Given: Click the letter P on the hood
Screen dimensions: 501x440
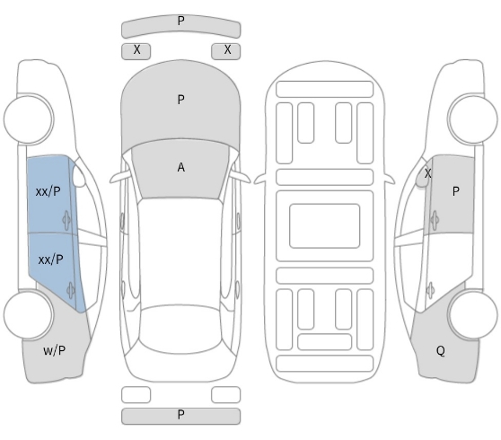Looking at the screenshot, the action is click(180, 100).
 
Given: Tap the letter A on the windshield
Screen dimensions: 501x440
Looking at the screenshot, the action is click(180, 167).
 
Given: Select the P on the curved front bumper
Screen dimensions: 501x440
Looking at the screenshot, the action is click(180, 21).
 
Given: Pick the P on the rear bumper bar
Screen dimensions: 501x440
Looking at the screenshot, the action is click(180, 415).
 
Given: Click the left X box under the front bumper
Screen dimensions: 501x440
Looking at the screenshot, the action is click(136, 51).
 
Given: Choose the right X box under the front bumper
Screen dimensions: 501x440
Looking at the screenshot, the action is click(226, 51).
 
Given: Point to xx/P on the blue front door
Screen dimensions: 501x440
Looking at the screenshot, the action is click(48, 192).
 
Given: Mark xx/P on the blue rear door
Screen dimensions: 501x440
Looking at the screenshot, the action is click(50, 260).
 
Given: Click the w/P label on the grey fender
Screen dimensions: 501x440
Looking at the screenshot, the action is click(54, 350).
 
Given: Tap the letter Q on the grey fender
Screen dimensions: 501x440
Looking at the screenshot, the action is click(441, 351).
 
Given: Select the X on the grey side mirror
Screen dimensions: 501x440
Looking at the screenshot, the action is click(428, 173).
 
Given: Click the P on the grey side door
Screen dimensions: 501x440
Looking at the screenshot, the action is click(456, 191).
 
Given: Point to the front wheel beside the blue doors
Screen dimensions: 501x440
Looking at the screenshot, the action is click(29, 119).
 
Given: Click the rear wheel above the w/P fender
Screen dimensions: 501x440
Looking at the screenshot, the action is click(28, 315).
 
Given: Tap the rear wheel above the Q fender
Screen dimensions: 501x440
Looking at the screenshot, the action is click(473, 315).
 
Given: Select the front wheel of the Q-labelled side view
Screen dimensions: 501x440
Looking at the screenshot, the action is click(473, 119).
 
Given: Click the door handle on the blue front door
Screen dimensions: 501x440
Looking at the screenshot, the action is click(66, 220).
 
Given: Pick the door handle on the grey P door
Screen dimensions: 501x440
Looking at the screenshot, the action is click(435, 220).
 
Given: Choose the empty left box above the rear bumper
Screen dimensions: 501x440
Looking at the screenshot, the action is click(136, 394).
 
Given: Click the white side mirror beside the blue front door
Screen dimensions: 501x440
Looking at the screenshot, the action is click(79, 176).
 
